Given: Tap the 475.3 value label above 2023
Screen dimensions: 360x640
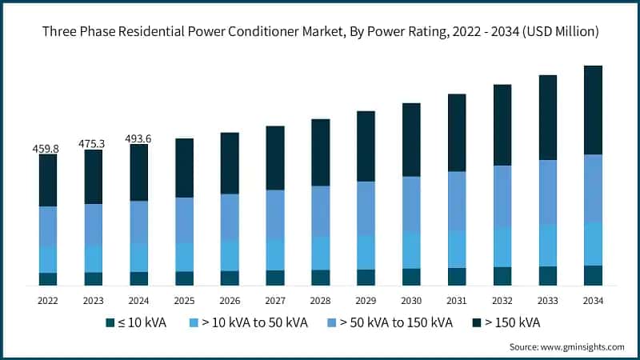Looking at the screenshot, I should coord(94,144).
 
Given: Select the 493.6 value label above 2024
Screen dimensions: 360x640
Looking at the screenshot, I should coord(138,138).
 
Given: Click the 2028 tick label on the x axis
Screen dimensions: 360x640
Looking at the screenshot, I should coord(320,301).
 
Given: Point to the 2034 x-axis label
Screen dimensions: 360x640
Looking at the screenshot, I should coord(593,301).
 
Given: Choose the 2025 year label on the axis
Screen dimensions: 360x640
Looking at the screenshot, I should coord(184,301).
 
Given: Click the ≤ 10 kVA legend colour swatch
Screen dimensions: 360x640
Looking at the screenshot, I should coord(110,323).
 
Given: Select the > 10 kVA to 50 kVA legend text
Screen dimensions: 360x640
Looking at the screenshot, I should coord(255,323).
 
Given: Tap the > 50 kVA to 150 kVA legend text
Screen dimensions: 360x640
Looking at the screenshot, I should coord(397,323).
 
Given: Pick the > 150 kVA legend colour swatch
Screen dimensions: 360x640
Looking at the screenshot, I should coord(477,323).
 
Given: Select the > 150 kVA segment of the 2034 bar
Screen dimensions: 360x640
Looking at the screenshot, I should coord(593,110).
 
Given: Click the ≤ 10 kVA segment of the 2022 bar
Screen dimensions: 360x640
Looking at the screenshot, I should coord(48,278).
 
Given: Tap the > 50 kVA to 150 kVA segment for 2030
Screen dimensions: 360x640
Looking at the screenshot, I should coord(411,203).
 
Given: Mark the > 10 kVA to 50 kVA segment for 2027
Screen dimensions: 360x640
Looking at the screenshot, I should coord(275,254).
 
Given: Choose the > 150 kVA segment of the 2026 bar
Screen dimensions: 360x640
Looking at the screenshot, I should coord(230,163).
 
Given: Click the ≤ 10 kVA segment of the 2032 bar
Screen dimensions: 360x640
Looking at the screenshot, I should coord(502,276).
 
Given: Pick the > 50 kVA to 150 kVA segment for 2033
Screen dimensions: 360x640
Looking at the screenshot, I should coord(547,192).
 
